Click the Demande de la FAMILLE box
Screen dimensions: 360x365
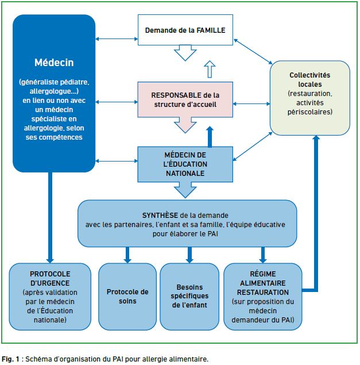(x=185, y=30)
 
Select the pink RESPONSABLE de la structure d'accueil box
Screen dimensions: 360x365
(x=185, y=99)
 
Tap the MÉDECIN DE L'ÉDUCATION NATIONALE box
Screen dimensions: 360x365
(x=185, y=164)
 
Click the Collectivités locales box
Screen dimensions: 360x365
(x=310, y=98)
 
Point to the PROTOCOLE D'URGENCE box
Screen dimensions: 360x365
(x=50, y=297)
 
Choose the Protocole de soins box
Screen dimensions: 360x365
(x=127, y=297)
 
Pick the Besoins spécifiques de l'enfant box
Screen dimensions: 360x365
(x=189, y=297)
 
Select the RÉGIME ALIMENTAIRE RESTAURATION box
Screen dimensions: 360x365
(x=263, y=297)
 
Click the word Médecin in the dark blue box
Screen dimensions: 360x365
(x=54, y=63)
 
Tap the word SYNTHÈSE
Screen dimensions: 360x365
(x=160, y=216)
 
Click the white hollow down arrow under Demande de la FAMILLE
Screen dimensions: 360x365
(x=185, y=53)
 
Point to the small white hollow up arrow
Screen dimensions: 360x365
(x=210, y=69)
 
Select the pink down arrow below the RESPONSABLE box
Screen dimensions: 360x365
(x=185, y=125)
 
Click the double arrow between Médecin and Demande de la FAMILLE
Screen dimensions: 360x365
(x=117, y=39)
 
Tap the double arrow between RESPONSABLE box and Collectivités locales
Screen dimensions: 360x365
(x=251, y=104)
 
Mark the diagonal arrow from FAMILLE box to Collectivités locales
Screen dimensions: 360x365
(x=253, y=51)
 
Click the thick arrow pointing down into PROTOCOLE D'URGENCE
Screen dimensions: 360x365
(x=50, y=218)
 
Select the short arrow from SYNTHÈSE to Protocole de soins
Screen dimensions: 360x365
(x=127, y=255)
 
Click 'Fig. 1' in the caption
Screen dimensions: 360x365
(x=10, y=359)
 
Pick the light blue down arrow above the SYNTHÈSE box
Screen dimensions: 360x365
(x=185, y=190)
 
